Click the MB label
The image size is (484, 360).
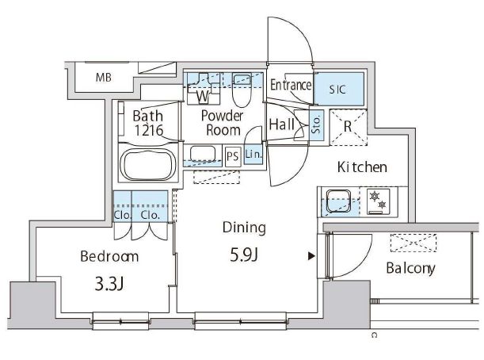coord(104,77)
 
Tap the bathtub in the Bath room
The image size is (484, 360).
coord(148,164)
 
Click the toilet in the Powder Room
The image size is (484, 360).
coord(242,90)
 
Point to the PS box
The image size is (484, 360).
coord(233,156)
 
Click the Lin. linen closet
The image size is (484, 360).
coord(253,154)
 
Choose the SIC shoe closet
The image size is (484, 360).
coord(338,89)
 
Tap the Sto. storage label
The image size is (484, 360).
coord(316,124)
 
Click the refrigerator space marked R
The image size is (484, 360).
coord(349,127)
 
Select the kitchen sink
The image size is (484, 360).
coord(338,201)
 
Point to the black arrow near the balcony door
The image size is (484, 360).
coord(311,256)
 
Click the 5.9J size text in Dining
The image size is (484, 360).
coord(244,255)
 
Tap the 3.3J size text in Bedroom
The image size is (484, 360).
coord(109,285)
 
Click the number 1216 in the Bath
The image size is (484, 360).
coord(148,130)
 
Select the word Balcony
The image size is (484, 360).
coord(410,268)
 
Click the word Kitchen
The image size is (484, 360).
coord(362,167)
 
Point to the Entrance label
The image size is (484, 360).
coord(291,85)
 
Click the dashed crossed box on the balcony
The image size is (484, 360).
coord(413,243)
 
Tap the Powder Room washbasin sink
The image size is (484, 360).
coord(203,154)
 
